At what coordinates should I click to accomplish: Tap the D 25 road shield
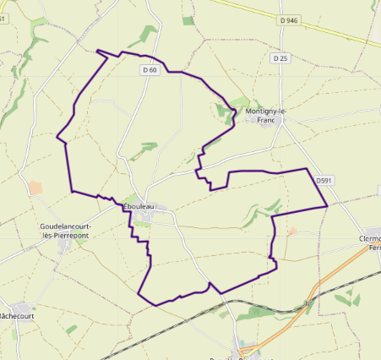(281, 58)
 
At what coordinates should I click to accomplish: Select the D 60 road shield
(150, 70)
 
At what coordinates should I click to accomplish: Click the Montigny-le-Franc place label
(265, 116)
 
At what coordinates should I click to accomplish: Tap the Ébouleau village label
(139, 207)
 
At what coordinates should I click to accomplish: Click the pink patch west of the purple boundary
(35, 188)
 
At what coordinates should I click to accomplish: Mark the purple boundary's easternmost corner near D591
(327, 205)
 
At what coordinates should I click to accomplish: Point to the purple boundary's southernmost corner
(155, 304)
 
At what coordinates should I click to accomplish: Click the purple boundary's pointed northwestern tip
(98, 51)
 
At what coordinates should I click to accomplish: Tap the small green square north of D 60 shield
(188, 20)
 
